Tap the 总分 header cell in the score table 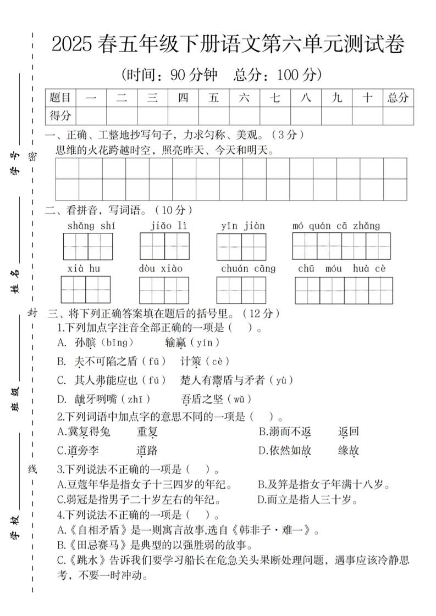point(398,98)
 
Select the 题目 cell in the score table point(60,98)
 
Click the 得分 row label point(60,116)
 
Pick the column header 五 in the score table point(214,98)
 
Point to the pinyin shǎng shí point(91,226)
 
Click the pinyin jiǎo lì point(168,226)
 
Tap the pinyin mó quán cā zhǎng point(336,226)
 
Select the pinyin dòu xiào point(161,268)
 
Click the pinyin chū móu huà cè point(341,268)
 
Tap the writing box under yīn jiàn point(241,247)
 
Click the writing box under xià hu point(86,289)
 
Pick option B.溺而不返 point(285,432)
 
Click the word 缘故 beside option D point(349,451)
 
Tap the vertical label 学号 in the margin point(16,164)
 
